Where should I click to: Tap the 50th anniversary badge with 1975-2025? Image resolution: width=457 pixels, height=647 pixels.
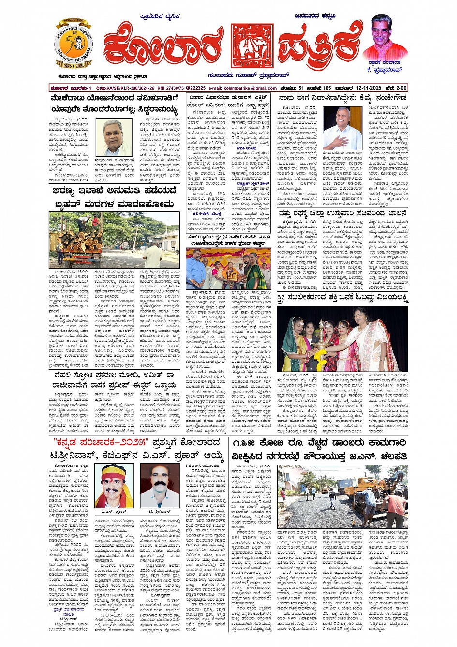(x=74, y=44)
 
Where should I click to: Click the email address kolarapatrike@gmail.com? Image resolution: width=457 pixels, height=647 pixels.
(x=249, y=88)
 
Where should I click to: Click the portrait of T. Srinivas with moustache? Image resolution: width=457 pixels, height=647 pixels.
(x=160, y=485)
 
